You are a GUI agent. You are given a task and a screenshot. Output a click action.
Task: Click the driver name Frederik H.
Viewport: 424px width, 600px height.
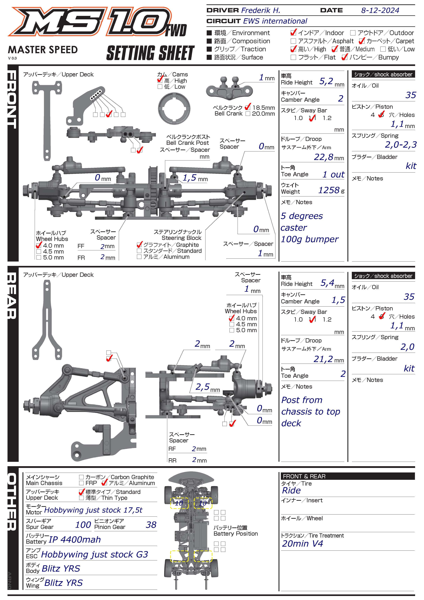(260, 10)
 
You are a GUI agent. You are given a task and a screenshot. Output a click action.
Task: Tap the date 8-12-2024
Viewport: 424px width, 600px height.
(380, 10)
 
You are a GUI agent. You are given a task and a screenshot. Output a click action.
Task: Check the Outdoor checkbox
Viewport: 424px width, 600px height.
(353, 33)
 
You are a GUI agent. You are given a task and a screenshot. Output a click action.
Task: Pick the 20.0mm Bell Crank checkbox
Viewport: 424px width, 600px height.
(248, 114)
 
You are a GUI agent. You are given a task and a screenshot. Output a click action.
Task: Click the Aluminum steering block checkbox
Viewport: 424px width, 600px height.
(139, 257)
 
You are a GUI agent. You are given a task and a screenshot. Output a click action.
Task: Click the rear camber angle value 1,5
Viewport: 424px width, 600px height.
(338, 300)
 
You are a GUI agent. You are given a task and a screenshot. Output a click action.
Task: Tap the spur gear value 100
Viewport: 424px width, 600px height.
(83, 525)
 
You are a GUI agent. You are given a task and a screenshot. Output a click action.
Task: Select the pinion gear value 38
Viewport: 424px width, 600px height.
(151, 525)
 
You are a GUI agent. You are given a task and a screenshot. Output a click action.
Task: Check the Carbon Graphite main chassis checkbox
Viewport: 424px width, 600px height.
(81, 477)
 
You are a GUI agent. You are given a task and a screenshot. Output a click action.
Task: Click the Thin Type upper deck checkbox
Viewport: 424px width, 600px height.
(81, 498)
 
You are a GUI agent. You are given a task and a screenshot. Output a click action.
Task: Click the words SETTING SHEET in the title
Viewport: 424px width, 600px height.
(151, 53)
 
